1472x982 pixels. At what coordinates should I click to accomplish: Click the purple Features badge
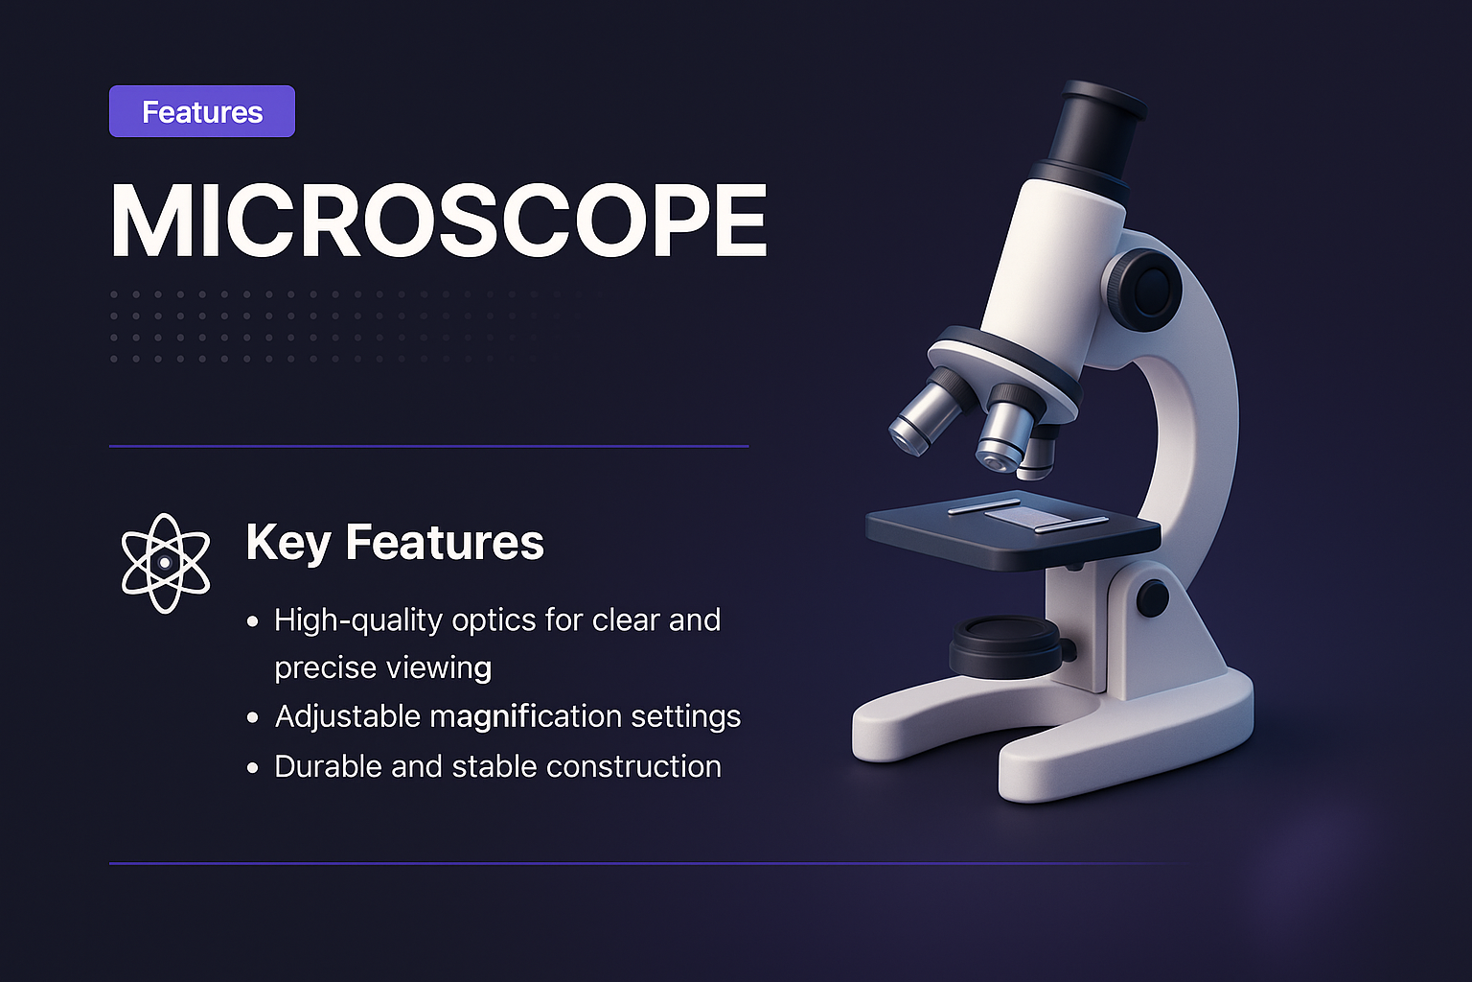click(x=202, y=112)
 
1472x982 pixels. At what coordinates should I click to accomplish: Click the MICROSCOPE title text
click(x=439, y=221)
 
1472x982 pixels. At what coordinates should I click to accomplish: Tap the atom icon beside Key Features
click(x=165, y=563)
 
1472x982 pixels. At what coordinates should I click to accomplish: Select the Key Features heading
click(x=395, y=542)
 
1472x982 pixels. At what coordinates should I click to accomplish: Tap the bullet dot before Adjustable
click(x=253, y=717)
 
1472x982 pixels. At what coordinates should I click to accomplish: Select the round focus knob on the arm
click(x=1144, y=288)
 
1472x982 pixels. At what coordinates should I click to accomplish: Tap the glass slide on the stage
click(x=1023, y=517)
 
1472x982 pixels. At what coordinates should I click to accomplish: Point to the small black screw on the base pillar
click(x=1152, y=598)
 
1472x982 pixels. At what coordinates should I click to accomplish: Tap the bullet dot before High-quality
click(x=253, y=621)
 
